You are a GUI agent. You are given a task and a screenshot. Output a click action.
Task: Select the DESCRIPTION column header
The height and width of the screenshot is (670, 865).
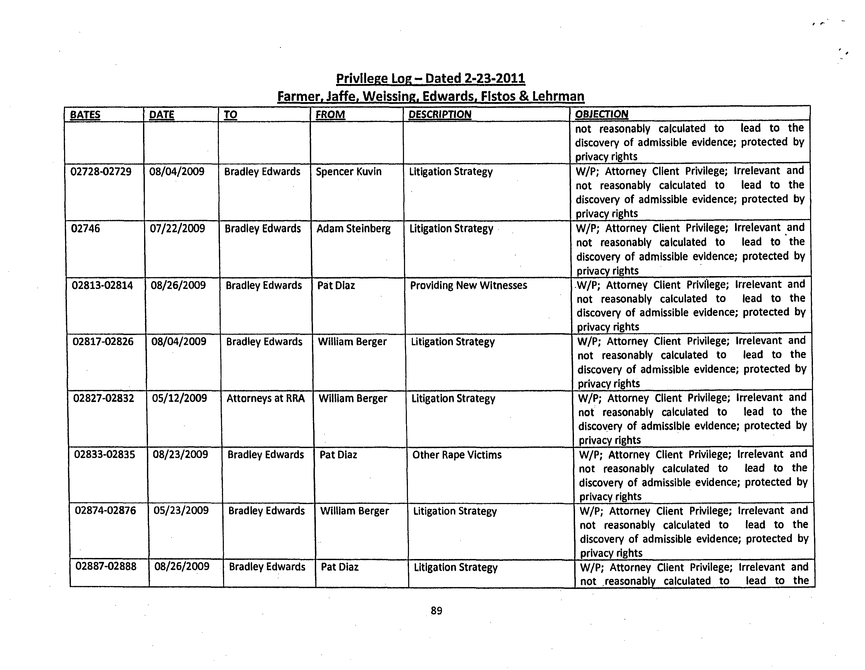tap(440, 115)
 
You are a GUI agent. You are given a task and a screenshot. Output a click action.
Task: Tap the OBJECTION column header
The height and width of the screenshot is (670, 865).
tap(601, 114)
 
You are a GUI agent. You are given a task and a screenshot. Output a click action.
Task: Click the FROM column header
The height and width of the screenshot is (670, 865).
tap(330, 115)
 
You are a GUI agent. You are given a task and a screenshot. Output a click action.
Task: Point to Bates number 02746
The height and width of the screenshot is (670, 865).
tap(86, 228)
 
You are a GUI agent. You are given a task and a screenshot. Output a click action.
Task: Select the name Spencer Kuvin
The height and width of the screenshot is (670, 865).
tap(349, 172)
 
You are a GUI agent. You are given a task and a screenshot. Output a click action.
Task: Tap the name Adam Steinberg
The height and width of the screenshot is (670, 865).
tap(353, 228)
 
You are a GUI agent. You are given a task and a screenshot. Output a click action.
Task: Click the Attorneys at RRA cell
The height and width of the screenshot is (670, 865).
tap(265, 398)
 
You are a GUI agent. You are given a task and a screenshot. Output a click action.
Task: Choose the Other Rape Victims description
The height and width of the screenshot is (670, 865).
tap(457, 455)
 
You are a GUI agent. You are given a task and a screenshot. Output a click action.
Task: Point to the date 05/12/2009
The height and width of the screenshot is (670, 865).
tap(179, 398)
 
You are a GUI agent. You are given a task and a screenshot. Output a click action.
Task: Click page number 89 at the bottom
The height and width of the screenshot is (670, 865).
tap(436, 611)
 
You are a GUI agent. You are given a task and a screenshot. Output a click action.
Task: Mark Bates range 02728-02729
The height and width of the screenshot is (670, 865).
tap(101, 172)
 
